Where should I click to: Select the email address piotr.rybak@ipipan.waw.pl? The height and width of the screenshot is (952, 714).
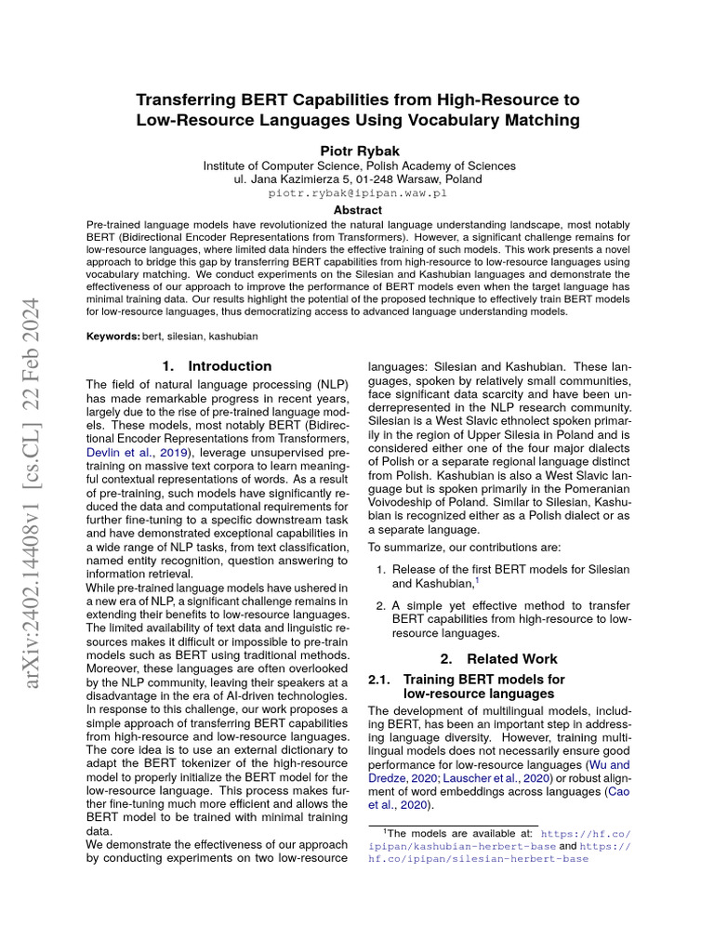click(x=358, y=193)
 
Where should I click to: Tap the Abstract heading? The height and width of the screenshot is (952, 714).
click(x=358, y=211)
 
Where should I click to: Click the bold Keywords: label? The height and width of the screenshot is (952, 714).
click(x=113, y=336)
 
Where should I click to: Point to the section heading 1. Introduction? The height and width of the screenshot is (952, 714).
click(x=217, y=366)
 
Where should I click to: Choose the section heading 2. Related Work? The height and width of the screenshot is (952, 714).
click(x=486, y=658)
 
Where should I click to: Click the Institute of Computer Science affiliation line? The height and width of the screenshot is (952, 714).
click(x=358, y=165)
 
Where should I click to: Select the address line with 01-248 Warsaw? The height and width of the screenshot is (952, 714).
click(x=358, y=179)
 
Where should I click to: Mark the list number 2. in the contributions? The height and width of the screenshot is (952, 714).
click(x=381, y=605)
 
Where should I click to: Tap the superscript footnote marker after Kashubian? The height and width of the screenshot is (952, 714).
click(x=477, y=580)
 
